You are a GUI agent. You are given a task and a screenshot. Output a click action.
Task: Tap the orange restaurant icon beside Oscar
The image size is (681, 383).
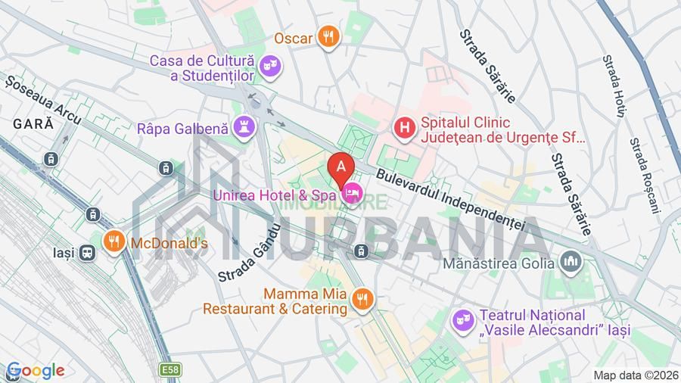(x=328, y=36)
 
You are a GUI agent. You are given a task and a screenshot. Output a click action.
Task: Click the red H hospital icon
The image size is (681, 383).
(x=406, y=129)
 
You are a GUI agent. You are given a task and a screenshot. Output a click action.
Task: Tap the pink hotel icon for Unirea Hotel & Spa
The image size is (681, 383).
(x=352, y=195)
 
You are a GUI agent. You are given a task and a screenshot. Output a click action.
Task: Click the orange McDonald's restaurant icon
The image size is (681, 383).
(x=114, y=242)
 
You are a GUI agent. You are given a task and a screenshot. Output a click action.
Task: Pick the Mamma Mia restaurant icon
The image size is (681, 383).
(x=362, y=299)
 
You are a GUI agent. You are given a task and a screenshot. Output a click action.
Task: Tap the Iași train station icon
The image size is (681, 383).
(x=88, y=252)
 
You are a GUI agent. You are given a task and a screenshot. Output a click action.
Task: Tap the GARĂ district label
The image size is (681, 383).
(x=27, y=123)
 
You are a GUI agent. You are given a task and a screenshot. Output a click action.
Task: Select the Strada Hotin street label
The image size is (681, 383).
(x=614, y=85)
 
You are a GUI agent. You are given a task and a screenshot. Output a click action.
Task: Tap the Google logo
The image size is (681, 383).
(x=35, y=371)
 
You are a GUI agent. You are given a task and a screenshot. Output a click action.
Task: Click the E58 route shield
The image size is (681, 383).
(x=170, y=369)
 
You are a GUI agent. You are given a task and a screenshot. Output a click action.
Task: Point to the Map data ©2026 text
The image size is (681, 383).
(x=635, y=375)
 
